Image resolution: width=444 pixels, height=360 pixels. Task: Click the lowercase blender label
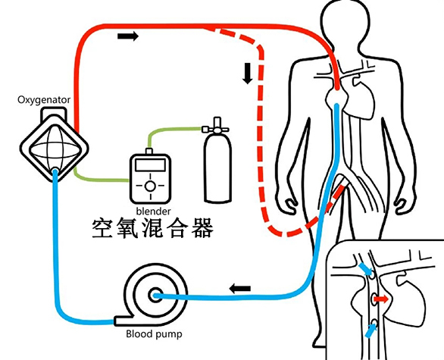pos(152,210)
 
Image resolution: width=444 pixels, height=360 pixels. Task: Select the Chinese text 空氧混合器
pos(152,227)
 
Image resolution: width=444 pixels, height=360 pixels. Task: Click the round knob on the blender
pos(151,184)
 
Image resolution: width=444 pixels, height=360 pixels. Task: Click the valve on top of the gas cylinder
pos(217,123)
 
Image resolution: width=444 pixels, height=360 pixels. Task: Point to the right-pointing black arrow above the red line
pos(129,36)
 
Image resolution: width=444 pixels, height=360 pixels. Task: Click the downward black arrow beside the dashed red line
pos(247,74)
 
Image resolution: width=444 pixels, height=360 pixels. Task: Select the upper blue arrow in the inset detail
pos(366,268)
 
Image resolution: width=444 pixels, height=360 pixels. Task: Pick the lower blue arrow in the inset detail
pos(370,330)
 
